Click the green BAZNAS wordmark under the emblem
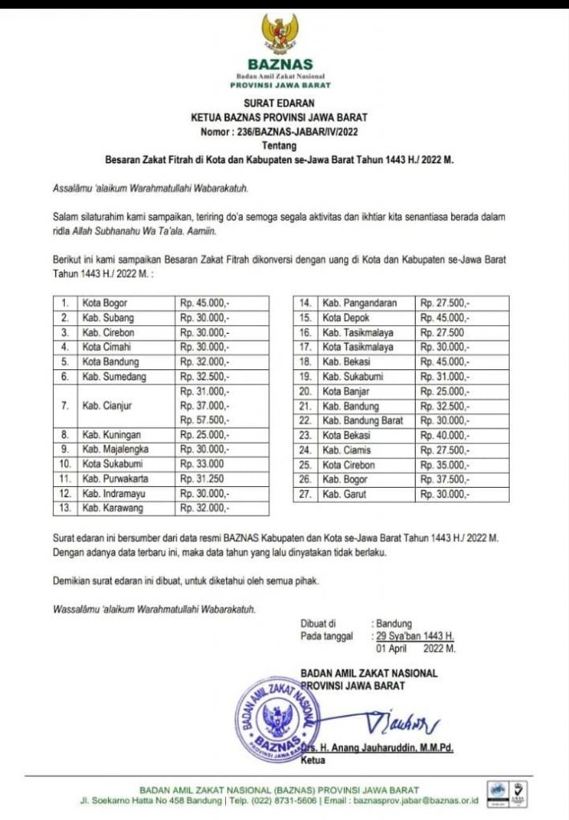coord(280,64)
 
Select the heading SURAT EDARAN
coord(280,103)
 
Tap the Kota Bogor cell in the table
coord(105,303)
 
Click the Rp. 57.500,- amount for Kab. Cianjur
coord(204,420)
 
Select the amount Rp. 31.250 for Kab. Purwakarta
coord(201,479)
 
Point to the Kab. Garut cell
coord(344,494)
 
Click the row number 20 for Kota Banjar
coord(305,392)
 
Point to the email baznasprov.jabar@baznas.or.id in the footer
coord(422,800)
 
